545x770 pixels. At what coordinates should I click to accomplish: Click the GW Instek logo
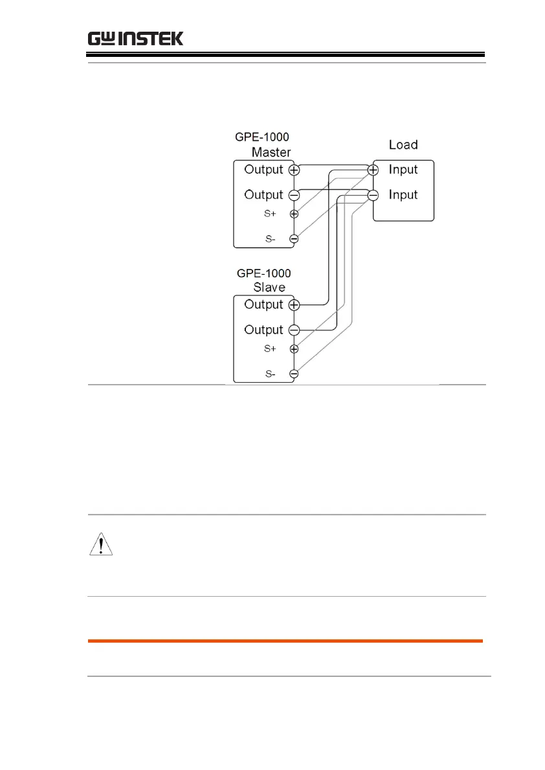point(135,38)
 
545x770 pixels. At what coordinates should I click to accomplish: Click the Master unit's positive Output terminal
point(294,170)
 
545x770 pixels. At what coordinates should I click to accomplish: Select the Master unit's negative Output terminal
point(294,195)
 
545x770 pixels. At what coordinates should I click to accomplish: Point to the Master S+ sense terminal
point(294,214)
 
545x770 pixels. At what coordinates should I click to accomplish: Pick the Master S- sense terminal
point(294,239)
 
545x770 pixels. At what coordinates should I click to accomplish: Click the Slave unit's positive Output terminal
point(294,305)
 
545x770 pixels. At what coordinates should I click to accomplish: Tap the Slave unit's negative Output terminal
point(294,330)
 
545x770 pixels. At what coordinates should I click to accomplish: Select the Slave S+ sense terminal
point(294,349)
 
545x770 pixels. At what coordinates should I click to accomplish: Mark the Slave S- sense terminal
point(294,374)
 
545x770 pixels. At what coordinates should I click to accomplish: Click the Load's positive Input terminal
point(373,170)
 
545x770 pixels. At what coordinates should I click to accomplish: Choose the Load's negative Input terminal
point(373,195)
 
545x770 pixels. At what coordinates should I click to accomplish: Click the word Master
point(271,153)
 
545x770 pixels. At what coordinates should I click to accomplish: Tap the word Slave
point(269,287)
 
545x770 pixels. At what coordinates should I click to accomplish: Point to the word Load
point(403,144)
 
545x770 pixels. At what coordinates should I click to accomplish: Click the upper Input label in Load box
point(403,169)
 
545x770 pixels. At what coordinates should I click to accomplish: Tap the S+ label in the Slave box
point(270,349)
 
